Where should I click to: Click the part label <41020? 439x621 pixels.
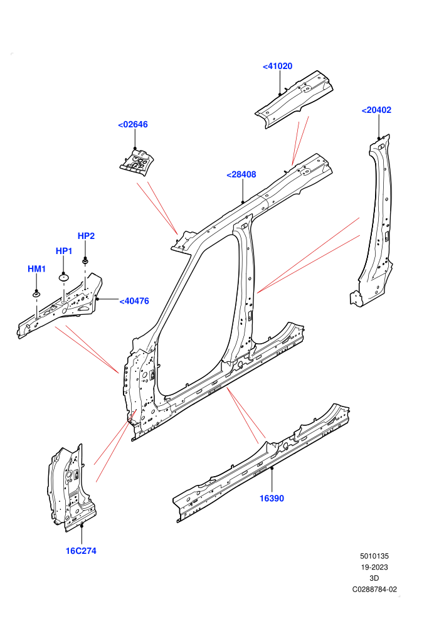pyautogui.click(x=277, y=66)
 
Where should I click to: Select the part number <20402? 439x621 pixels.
pyautogui.click(x=376, y=110)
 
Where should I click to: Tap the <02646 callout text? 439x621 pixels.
pyautogui.click(x=133, y=124)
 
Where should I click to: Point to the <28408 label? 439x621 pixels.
pyautogui.click(x=241, y=174)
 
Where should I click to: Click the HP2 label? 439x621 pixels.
pyautogui.click(x=86, y=236)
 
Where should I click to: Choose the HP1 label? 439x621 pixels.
pyautogui.click(x=64, y=251)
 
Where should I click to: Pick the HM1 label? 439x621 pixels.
pyautogui.click(x=37, y=269)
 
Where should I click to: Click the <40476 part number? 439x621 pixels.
pyautogui.click(x=134, y=301)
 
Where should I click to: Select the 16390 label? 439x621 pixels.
pyautogui.click(x=272, y=498)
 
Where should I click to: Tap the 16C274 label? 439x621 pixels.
pyautogui.click(x=81, y=551)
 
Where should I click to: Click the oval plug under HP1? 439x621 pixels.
pyautogui.click(x=64, y=277)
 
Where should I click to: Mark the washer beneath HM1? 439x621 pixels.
pyautogui.click(x=36, y=294)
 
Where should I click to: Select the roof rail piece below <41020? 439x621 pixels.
pyautogui.click(x=294, y=99)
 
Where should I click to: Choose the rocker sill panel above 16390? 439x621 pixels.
pyautogui.click(x=262, y=463)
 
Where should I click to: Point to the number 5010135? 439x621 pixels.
pyautogui.click(x=374, y=556)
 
